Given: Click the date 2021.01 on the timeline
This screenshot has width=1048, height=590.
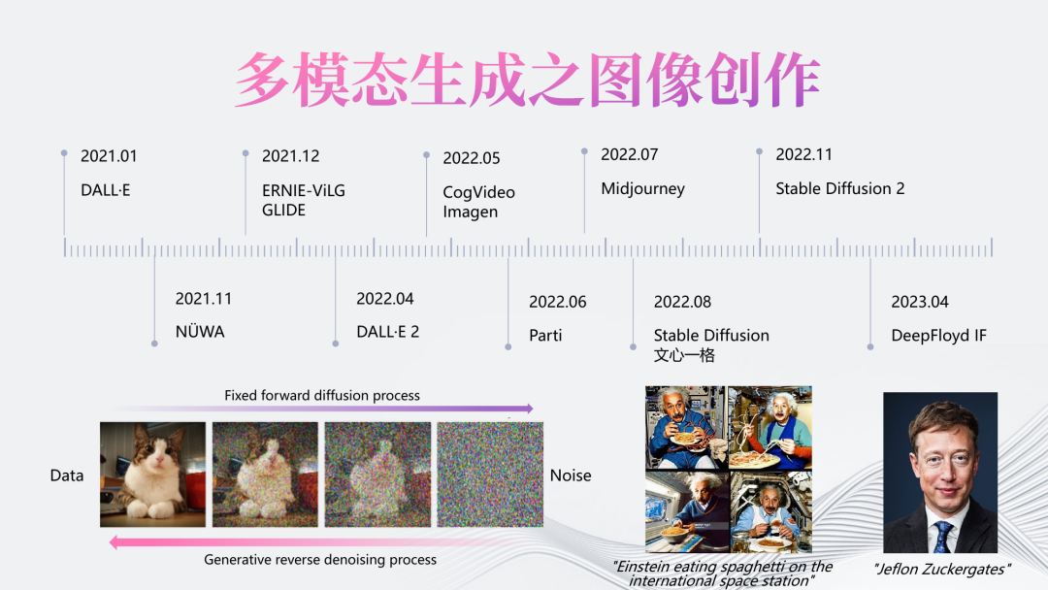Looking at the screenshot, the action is coord(109,156).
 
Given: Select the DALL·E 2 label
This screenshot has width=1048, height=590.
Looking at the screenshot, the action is coord(387,332).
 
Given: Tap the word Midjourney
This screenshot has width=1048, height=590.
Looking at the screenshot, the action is coord(643,189).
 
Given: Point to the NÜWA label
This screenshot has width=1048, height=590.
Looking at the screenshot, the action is coord(200,331).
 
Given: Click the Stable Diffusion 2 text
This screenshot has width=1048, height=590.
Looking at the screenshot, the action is coord(840,188).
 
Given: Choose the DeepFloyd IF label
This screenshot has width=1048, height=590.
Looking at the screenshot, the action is coord(939,336).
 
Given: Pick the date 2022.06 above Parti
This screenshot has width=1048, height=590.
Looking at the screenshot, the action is coord(557,302).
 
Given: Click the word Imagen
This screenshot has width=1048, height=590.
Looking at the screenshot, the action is coord(471,212).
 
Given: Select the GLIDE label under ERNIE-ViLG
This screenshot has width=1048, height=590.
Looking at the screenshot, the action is coord(283,210).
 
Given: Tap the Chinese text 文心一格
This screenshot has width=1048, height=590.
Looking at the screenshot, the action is coord(684,355).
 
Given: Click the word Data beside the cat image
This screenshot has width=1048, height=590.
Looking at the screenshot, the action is coord(67,475).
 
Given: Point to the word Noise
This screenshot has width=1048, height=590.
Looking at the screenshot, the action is coord(571,475).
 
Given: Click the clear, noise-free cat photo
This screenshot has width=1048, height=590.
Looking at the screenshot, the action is coord(153,475).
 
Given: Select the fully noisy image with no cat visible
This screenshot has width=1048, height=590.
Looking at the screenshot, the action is coord(490,475).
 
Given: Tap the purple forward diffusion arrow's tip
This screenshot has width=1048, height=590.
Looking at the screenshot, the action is coord(532,408).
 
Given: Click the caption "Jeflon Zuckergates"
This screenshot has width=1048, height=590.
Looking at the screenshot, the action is coord(941,570).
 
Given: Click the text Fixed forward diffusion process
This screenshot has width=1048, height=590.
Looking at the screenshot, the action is coord(322,396).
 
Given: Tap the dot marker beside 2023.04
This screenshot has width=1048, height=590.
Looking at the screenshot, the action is coord(870,346).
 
